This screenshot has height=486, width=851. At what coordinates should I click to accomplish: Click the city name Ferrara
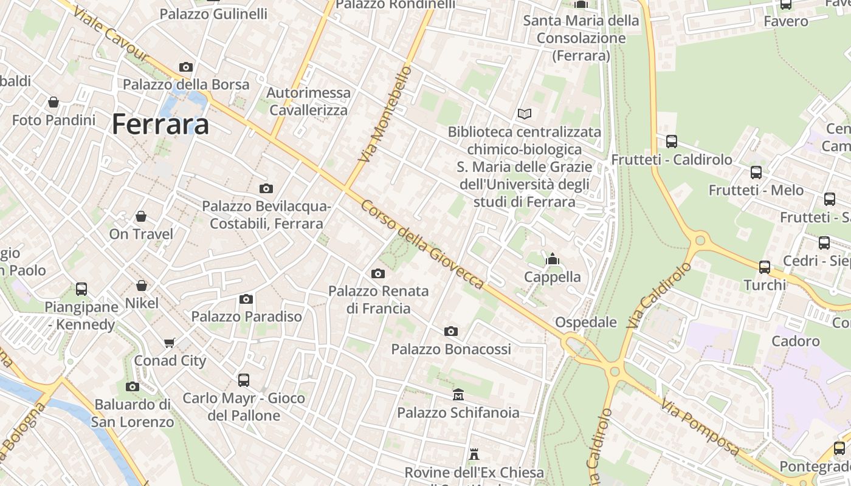(160, 125)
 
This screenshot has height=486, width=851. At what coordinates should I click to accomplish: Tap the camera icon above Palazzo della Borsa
(186, 67)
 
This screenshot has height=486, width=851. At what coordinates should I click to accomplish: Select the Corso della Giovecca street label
(422, 244)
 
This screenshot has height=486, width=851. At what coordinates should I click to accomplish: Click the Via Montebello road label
(385, 114)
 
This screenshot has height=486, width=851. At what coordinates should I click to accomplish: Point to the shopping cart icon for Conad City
(170, 343)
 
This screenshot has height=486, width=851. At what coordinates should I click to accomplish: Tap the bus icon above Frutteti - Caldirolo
(672, 142)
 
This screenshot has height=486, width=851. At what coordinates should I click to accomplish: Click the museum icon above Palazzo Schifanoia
(458, 395)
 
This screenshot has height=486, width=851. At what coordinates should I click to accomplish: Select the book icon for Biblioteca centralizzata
(524, 114)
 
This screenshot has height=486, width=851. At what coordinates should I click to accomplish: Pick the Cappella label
(553, 277)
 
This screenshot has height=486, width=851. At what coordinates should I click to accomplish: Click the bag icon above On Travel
(141, 216)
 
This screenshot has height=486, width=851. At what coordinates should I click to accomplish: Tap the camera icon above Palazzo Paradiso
(246, 299)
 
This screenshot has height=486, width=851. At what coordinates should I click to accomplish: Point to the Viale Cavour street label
(110, 35)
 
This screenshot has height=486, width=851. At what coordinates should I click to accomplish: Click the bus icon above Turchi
(765, 267)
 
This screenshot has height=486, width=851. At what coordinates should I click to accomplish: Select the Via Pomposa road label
(700, 427)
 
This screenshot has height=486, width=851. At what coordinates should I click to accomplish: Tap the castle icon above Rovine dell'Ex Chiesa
(474, 454)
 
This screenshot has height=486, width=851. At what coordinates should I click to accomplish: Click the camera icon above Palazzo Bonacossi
(451, 331)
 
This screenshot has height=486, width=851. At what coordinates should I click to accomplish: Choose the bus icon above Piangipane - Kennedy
(81, 289)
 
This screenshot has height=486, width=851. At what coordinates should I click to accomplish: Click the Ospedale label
(586, 322)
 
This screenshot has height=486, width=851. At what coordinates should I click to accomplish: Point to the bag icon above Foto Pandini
(53, 102)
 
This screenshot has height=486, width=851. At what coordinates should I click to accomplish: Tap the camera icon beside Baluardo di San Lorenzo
(133, 386)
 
